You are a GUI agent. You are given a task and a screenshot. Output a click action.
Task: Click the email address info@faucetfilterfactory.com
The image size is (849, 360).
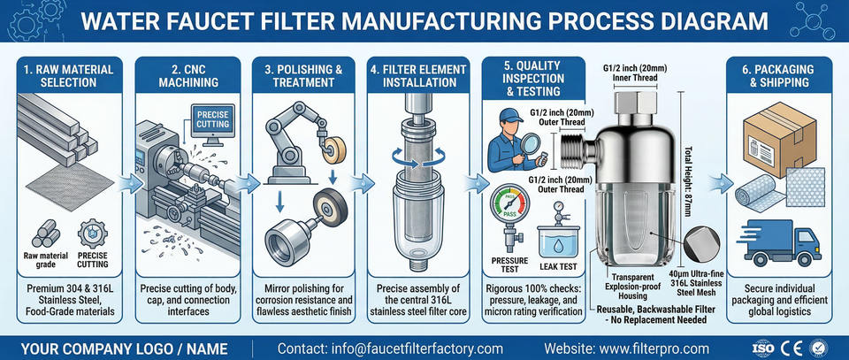pyautogui.click(x=390, y=348)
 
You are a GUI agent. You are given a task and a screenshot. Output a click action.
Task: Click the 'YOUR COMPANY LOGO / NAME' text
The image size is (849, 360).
pyautogui.click(x=125, y=348)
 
